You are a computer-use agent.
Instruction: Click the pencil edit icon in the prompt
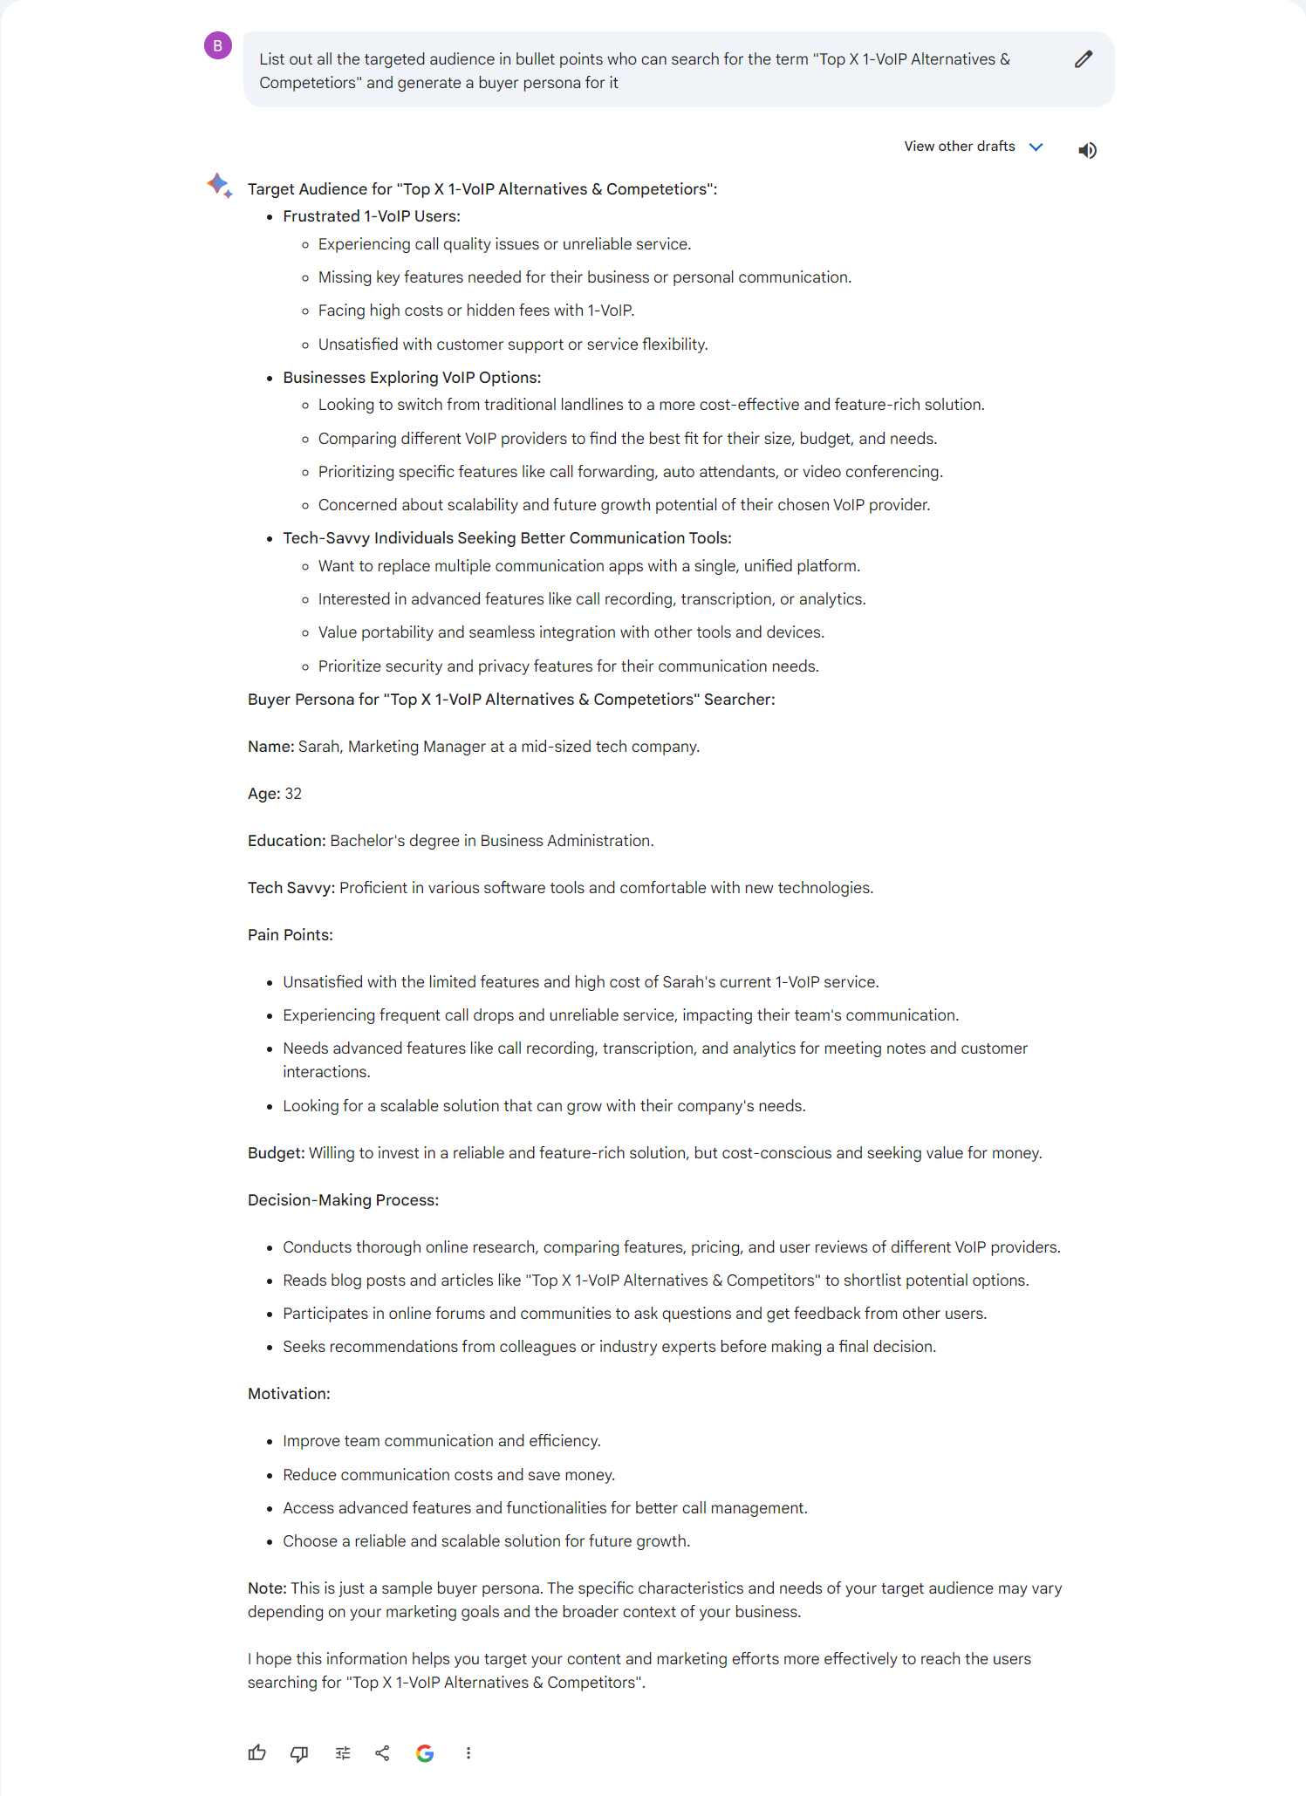click(1084, 59)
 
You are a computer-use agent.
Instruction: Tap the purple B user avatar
click(218, 45)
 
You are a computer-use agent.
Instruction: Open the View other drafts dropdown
click(973, 147)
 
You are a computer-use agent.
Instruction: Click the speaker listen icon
click(1087, 150)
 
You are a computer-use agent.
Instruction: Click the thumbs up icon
click(256, 1752)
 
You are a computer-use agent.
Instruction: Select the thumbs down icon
click(299, 1752)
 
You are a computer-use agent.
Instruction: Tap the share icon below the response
click(382, 1752)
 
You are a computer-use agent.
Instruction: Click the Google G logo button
click(425, 1752)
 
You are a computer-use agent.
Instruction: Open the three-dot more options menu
click(468, 1752)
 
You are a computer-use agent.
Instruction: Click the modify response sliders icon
click(343, 1752)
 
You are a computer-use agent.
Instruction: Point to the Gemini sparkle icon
click(219, 185)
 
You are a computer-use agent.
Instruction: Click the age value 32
click(293, 794)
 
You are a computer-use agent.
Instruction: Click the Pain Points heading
click(291, 935)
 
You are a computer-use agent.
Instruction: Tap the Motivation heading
click(289, 1394)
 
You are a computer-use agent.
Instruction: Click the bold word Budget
click(275, 1153)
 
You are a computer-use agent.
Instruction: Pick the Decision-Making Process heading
click(343, 1200)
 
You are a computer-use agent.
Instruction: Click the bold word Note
click(266, 1588)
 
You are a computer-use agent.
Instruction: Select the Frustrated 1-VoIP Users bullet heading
click(372, 216)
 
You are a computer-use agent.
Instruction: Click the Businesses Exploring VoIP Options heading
click(412, 378)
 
